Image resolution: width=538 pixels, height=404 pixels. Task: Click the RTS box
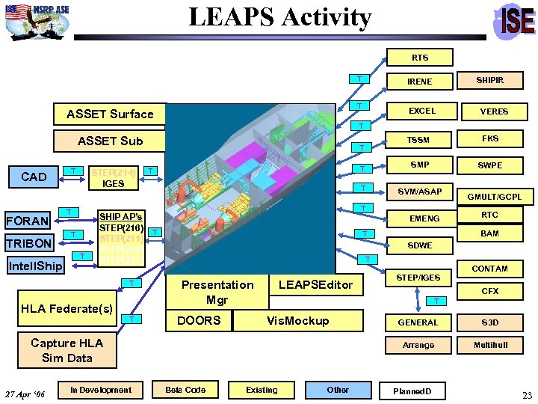419,58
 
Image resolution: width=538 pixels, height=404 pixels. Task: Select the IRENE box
419,81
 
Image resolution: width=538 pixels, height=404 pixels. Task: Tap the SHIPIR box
491,80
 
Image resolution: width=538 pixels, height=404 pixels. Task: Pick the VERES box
493,111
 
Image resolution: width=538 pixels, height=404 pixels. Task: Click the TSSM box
419,140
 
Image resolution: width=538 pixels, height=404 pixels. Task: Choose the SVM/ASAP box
419,192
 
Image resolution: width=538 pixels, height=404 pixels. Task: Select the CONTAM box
490,269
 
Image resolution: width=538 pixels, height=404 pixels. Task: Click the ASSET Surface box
110,114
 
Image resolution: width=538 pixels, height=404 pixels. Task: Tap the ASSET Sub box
110,141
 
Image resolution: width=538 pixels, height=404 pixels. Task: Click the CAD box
34,177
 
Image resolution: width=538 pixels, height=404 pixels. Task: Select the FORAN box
28,221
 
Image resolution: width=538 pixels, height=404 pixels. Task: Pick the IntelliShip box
35,266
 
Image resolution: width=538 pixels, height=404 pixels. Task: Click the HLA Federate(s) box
67,308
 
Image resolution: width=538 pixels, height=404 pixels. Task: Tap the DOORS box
198,320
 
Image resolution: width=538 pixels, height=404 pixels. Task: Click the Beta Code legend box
185,390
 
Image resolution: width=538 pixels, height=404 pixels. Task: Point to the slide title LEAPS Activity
279,16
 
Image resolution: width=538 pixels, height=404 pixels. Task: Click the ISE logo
516,21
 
